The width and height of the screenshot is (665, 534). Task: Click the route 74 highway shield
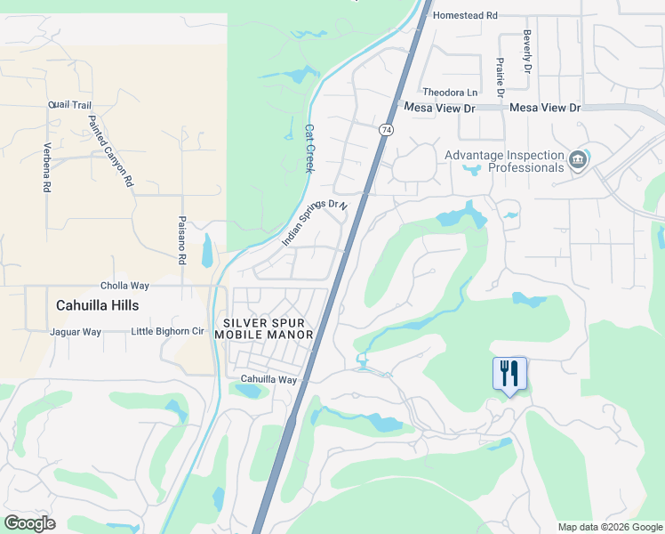[x=386, y=129]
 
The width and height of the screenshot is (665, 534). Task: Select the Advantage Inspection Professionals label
[x=504, y=160]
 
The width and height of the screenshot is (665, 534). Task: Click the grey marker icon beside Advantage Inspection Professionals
[x=579, y=160]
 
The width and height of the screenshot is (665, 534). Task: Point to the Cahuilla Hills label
[x=98, y=304]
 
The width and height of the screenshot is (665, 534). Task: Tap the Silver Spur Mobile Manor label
[x=268, y=328]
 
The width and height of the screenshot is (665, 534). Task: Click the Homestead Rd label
[x=466, y=15]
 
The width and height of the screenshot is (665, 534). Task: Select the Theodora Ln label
[x=450, y=93]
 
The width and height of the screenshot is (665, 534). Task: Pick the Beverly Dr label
[x=527, y=54]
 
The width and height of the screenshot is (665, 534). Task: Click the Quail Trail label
[x=70, y=105]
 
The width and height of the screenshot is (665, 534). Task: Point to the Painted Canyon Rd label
[x=111, y=150]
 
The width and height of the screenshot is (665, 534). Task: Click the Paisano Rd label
[x=180, y=240]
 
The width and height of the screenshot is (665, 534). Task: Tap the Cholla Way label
[x=124, y=286]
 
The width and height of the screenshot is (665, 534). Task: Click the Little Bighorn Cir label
[x=168, y=332]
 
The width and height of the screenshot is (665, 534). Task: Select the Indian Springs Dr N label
[x=314, y=223]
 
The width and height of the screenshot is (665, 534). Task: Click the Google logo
[x=29, y=523]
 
